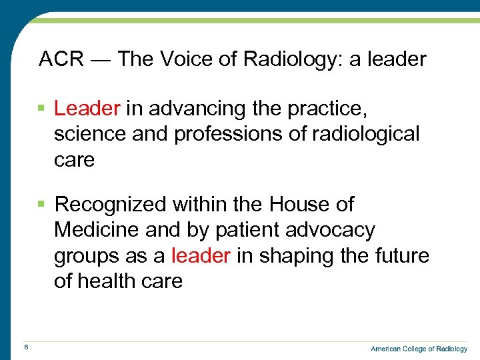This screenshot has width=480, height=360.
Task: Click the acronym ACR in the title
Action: pyautogui.click(x=61, y=60)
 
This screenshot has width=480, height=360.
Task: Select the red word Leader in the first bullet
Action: pyautogui.click(x=87, y=108)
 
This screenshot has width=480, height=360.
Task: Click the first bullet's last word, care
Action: pyautogui.click(x=74, y=160)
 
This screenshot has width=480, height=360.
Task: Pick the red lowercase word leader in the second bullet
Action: pyautogui.click(x=201, y=256)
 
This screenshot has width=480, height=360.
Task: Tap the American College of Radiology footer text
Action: pyautogui.click(x=419, y=349)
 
